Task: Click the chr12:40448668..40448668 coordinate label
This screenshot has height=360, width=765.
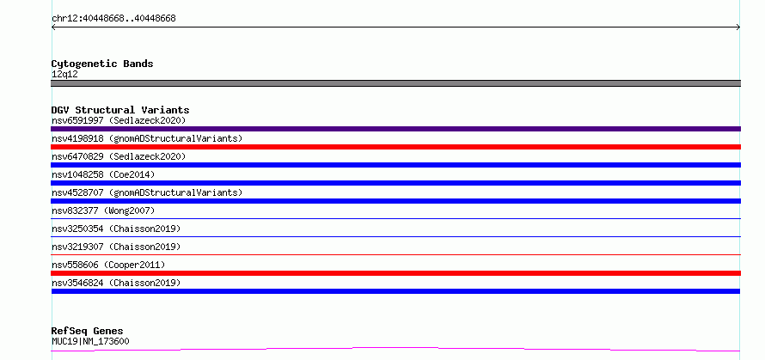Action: coord(113,19)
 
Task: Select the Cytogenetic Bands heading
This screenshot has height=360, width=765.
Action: coord(102,64)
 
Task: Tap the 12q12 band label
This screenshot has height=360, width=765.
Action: coord(64,75)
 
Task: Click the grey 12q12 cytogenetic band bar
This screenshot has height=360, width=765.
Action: coord(395,83)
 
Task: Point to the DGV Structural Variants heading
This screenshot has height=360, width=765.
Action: coord(120,110)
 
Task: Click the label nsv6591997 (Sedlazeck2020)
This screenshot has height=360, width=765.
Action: coord(119,120)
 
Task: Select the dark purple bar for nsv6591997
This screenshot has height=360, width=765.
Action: coord(395,129)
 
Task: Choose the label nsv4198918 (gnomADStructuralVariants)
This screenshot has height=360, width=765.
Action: coord(147,138)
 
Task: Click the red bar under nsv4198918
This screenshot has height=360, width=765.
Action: coord(395,147)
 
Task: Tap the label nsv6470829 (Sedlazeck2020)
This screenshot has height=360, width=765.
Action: coord(119,156)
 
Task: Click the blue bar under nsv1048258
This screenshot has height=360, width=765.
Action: coord(395,183)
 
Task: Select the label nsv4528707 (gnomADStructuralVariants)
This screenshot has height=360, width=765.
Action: coord(147,192)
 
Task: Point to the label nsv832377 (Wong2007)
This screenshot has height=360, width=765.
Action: coord(103,211)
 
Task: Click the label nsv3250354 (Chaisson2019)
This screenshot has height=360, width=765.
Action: coord(116,229)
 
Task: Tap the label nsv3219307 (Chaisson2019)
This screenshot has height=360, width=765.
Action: coord(116,247)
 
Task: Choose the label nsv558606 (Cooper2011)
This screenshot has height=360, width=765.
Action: coord(108,265)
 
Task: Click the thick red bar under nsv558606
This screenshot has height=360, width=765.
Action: coord(395,273)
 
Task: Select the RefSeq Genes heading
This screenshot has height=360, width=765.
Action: coord(88,332)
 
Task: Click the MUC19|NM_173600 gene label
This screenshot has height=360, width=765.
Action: coord(90,341)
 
